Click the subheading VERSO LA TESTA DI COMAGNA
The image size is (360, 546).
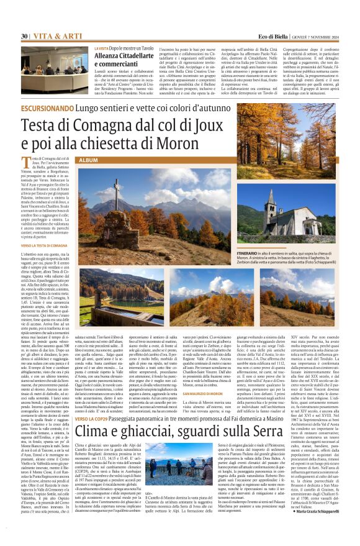(x=47, y=245)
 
